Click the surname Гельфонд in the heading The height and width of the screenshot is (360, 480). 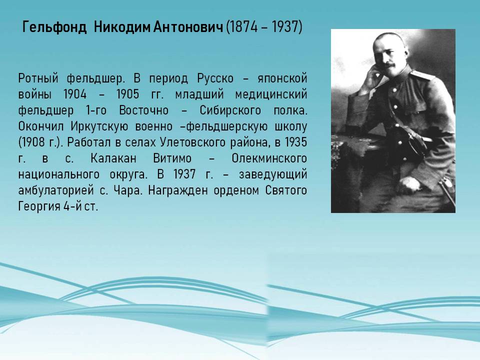(54, 27)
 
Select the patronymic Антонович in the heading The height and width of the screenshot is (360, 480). (188, 27)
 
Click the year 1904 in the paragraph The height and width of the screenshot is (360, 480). (75, 94)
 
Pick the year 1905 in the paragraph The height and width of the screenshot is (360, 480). (127, 94)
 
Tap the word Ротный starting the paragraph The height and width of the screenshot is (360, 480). (38, 78)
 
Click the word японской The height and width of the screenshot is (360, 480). (282, 78)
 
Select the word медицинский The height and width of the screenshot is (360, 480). (271, 94)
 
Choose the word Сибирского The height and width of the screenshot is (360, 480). (230, 110)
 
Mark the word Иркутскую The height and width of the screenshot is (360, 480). (99, 126)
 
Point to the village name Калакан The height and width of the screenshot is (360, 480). (113, 158)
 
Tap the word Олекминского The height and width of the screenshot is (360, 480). (269, 158)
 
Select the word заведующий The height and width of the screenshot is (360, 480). (273, 174)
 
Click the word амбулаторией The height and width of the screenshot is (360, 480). (56, 190)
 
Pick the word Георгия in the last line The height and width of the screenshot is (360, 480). (39, 206)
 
